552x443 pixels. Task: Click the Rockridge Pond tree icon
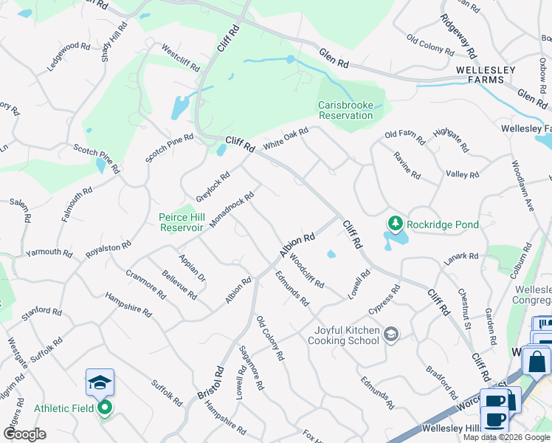point(396,224)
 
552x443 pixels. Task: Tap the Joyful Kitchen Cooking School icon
point(391,335)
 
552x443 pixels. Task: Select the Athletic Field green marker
point(105,407)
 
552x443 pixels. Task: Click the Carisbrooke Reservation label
point(345,110)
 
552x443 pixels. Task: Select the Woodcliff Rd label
point(306,271)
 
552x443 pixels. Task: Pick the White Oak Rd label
point(285,138)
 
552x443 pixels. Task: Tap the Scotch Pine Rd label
point(169,148)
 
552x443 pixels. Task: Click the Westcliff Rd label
point(180,58)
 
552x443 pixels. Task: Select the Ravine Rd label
point(407,166)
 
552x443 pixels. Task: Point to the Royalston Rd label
point(108,247)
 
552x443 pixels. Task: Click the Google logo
point(24,433)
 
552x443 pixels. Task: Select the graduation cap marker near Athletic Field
point(100,382)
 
